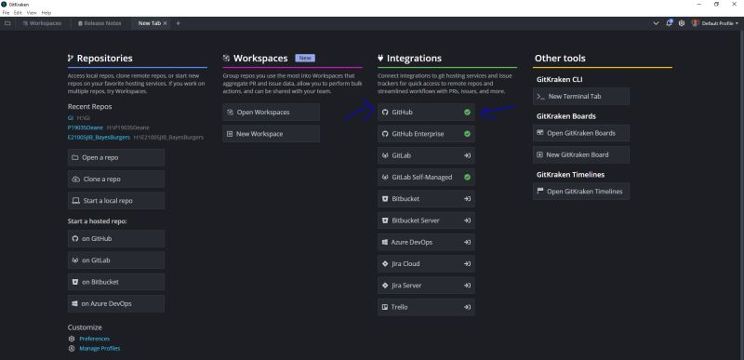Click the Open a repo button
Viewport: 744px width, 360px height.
pyautogui.click(x=115, y=157)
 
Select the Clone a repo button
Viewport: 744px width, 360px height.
pyautogui.click(x=115, y=179)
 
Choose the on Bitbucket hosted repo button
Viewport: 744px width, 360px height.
pyautogui.click(x=115, y=281)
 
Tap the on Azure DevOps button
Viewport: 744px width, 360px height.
pyautogui.click(x=115, y=303)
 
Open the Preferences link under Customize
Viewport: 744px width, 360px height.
pyautogui.click(x=94, y=339)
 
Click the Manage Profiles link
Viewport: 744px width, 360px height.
pyautogui.click(x=100, y=348)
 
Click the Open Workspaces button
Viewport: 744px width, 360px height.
pyautogui.click(x=271, y=112)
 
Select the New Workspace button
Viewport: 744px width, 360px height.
pyautogui.click(x=271, y=134)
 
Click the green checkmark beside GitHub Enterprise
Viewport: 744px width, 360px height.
pyautogui.click(x=467, y=134)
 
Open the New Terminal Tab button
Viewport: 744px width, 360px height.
pyautogui.click(x=582, y=96)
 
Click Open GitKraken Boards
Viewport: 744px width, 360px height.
pyautogui.click(x=582, y=133)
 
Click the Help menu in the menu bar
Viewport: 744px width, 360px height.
pyautogui.click(x=46, y=12)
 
